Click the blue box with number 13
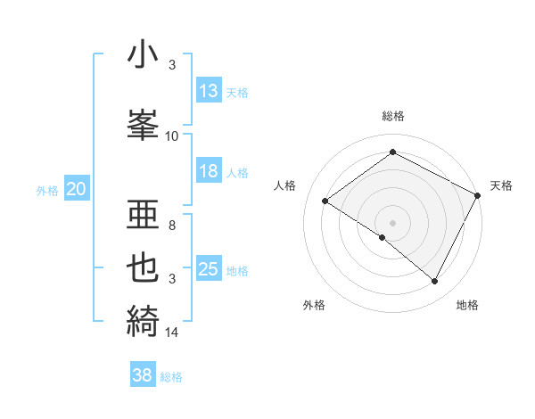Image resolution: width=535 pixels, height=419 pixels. coord(208,91)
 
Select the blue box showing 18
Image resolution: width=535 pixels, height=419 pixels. coord(208,171)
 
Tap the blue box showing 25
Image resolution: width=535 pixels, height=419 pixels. coord(208,269)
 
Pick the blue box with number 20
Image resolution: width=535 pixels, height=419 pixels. coord(76,188)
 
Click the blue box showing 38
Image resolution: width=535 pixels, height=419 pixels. coord(143,375)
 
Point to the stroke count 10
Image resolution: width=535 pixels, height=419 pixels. coord(172,136)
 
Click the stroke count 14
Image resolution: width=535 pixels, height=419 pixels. coord(172,333)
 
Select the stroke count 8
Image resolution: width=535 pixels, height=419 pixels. coord(172,226)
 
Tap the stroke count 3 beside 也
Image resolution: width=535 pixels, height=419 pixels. coord(172,279)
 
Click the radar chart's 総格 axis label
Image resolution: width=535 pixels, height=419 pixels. coord(392,116)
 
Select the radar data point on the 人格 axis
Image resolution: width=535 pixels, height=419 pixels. coord(325,201)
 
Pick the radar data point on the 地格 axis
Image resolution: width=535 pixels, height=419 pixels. coord(435,281)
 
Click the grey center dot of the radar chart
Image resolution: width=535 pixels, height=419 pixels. coord(392,222)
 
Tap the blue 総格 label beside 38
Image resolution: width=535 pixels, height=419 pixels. coord(171,377)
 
